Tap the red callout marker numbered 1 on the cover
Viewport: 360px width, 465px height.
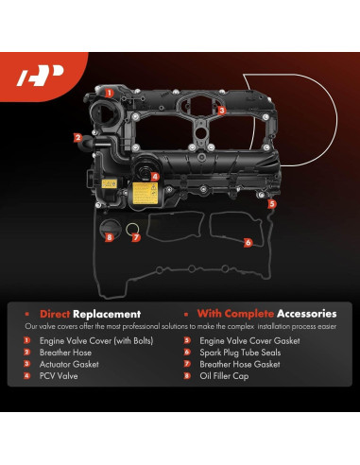coord(109,93)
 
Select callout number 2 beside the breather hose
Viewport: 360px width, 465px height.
coord(77,137)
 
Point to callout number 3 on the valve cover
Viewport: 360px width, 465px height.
coord(221,110)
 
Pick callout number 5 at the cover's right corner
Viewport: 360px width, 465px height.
coord(271,203)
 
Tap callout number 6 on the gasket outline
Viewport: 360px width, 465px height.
coord(249,242)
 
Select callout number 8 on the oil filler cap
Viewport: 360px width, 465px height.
coord(109,237)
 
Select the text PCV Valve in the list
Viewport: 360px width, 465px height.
coord(61,375)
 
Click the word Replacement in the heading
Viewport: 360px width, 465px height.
coord(109,313)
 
